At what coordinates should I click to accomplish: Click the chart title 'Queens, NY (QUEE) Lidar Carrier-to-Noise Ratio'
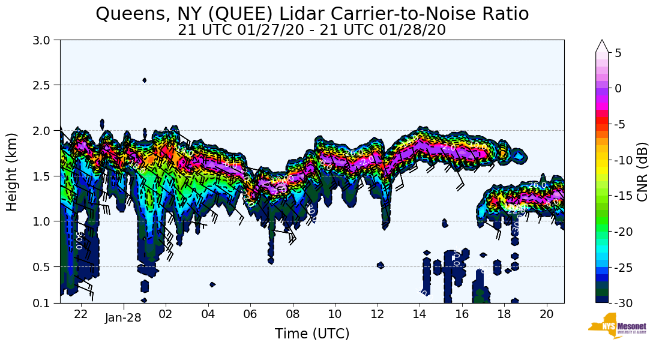[312, 14]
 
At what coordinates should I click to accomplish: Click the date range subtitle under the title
[312, 29]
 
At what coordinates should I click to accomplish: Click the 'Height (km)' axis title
[12, 172]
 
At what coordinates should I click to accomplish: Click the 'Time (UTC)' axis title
[312, 334]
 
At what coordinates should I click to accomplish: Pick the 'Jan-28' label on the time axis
[123, 317]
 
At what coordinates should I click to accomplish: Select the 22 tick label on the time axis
[81, 313]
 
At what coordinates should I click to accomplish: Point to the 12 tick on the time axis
[377, 313]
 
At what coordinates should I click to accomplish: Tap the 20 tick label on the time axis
[546, 313]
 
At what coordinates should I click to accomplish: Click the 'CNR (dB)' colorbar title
[642, 172]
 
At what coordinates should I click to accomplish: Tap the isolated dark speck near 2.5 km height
[145, 80]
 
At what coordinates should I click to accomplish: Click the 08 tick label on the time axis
[292, 313]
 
